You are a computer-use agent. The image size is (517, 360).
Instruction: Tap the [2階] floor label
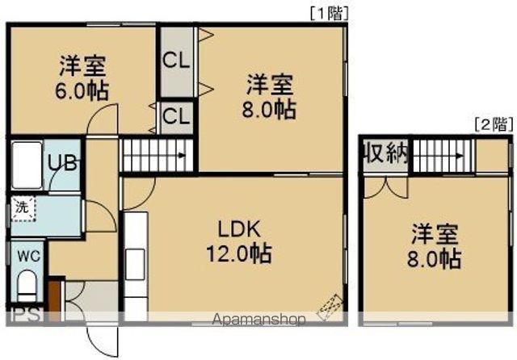492,124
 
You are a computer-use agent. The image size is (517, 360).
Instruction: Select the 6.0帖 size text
83,88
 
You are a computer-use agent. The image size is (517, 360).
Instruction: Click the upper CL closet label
175,61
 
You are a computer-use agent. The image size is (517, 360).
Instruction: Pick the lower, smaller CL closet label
175,115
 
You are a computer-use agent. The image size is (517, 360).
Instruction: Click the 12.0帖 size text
237,255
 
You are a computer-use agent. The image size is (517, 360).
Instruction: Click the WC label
29,256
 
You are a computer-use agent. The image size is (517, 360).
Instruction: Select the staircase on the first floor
158,154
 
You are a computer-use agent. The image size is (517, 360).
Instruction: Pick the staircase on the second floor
443,154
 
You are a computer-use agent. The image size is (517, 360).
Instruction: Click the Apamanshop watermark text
258,320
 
